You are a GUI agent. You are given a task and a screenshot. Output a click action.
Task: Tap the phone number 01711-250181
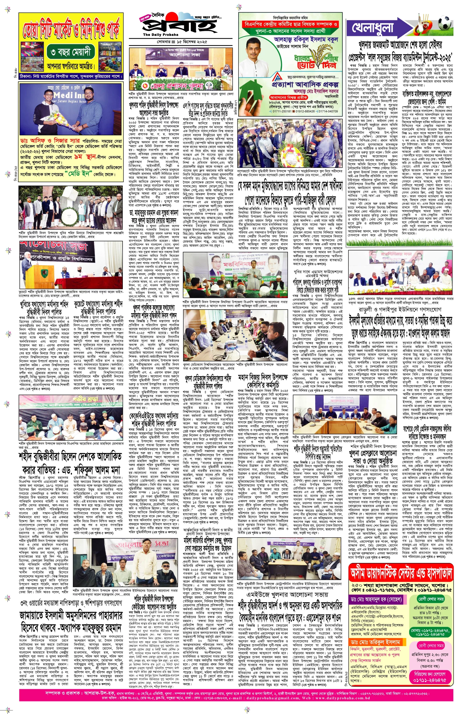coord(280,111)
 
